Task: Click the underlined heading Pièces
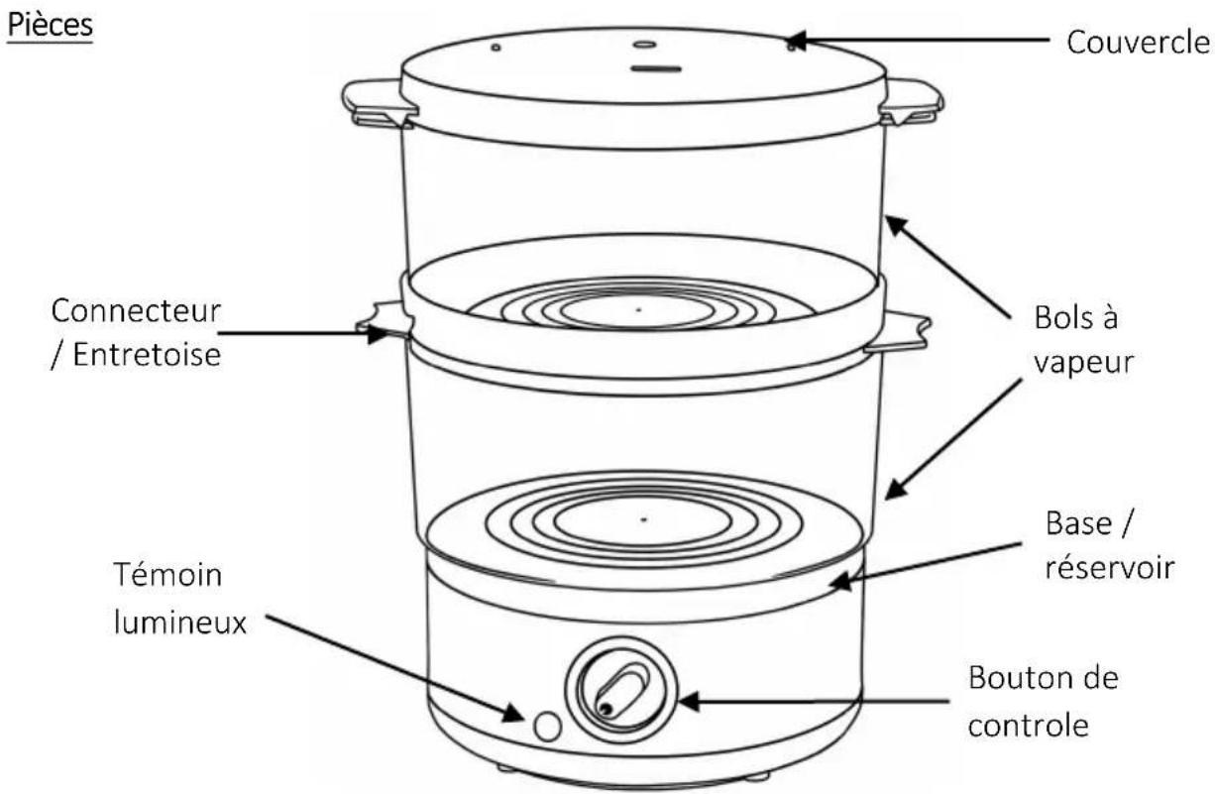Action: [x=50, y=26]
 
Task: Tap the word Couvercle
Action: [x=1138, y=42]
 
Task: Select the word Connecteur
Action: [x=136, y=311]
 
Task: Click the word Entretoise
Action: [x=147, y=356]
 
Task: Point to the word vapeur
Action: [x=1083, y=363]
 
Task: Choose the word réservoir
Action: [x=1110, y=568]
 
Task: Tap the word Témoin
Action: [x=167, y=575]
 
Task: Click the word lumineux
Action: [x=180, y=622]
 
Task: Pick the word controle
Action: [x=1029, y=725]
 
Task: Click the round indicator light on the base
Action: [x=547, y=727]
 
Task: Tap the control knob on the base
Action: [x=621, y=690]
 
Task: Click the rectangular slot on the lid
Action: [x=656, y=69]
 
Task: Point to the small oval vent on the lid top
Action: [x=645, y=45]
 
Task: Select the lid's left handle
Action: [x=377, y=104]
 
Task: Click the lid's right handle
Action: [x=912, y=102]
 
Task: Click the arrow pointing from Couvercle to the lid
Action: [x=918, y=41]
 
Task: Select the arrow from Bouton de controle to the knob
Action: [x=815, y=702]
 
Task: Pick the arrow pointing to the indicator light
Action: [x=394, y=668]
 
